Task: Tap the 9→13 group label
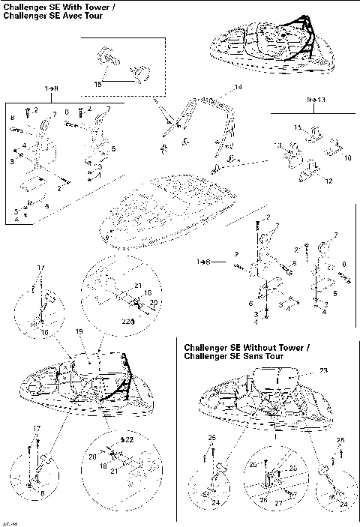tap(296, 98)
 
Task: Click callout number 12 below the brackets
tap(328, 180)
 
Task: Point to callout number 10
tap(346, 158)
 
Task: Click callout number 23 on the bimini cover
tap(304, 370)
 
